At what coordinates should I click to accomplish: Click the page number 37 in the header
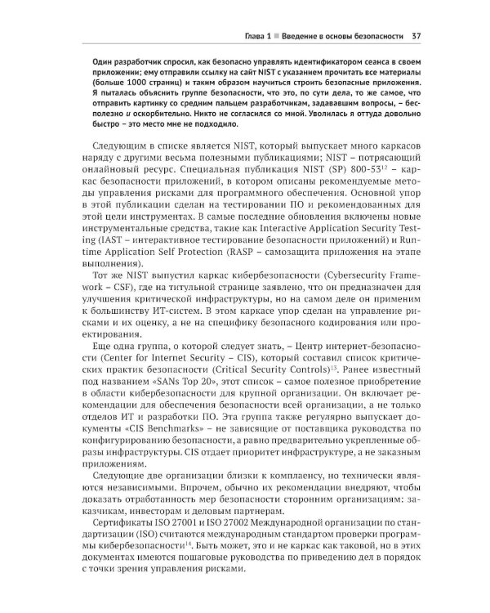(x=416, y=36)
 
